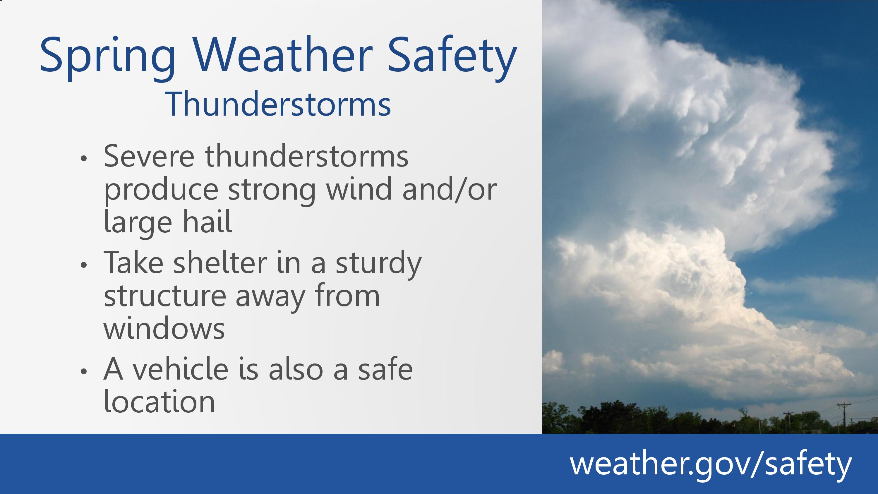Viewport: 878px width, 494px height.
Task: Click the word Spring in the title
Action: point(108,58)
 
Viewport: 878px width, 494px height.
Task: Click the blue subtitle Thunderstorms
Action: point(278,104)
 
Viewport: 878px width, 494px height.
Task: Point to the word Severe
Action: point(149,156)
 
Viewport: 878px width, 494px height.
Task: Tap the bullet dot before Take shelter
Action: point(84,265)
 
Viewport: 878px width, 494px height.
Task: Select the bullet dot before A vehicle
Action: point(84,372)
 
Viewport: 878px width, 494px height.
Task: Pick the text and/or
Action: point(450,188)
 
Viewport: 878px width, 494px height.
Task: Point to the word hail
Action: point(208,221)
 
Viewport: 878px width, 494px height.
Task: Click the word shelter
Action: point(220,262)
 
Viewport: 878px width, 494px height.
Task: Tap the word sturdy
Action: point(378,265)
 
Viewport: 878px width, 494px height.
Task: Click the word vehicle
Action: point(180,368)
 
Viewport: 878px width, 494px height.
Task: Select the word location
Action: point(159,401)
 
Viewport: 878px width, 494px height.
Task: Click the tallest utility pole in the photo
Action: point(844,418)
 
